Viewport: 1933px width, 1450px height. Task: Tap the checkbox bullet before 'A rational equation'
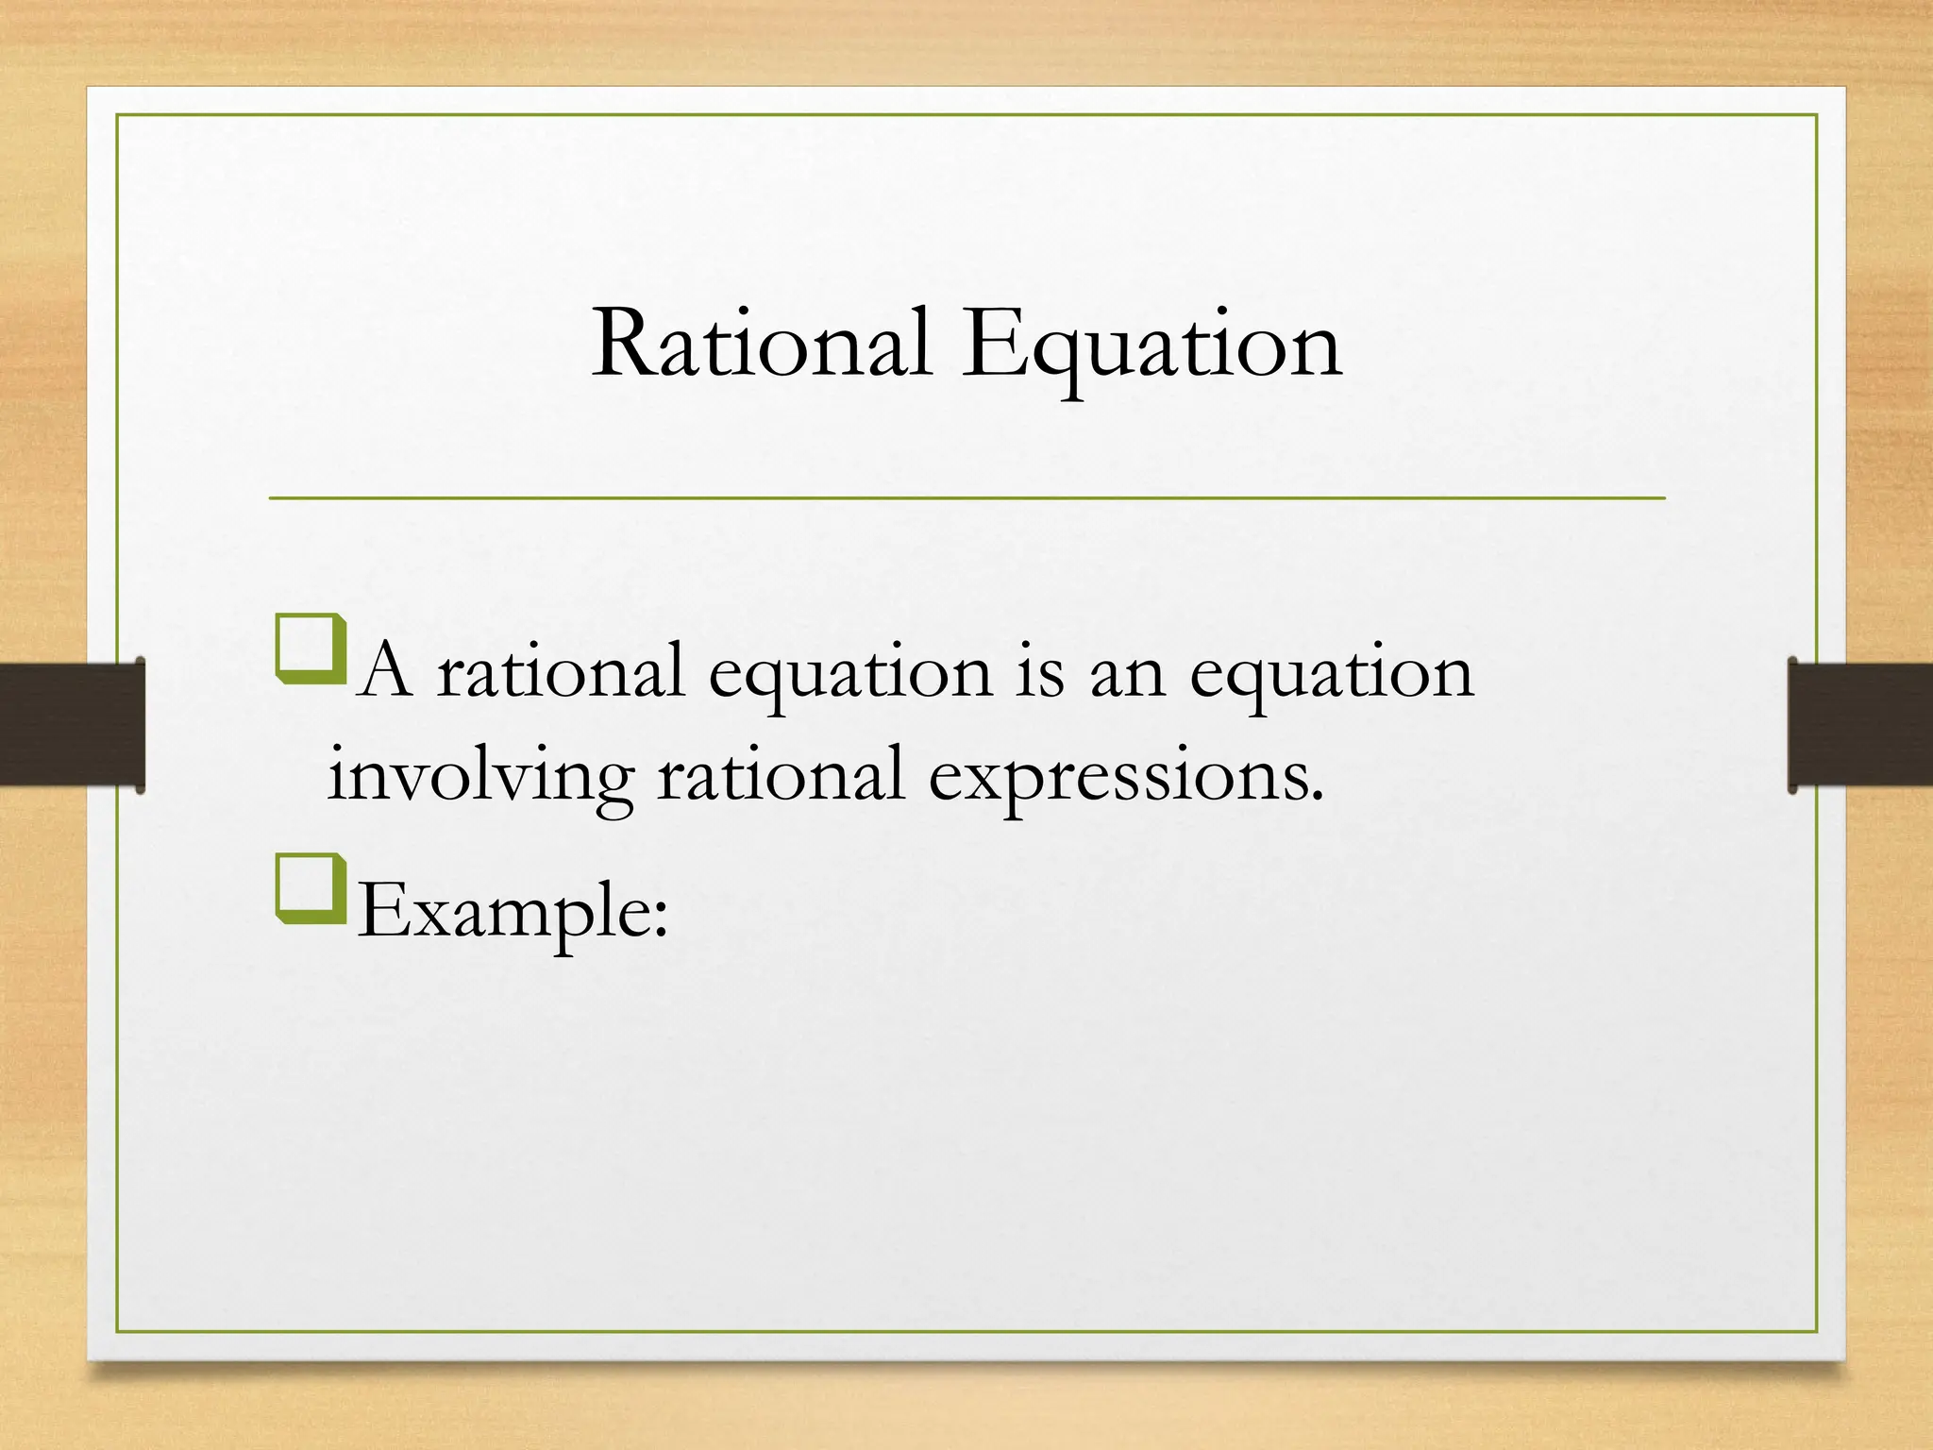[311, 649]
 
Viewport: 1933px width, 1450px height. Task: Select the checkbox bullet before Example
[311, 888]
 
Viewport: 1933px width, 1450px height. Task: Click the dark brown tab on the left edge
[71, 725]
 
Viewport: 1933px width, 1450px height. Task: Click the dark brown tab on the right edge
[1860, 725]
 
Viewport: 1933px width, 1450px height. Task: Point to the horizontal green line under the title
[966, 497]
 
